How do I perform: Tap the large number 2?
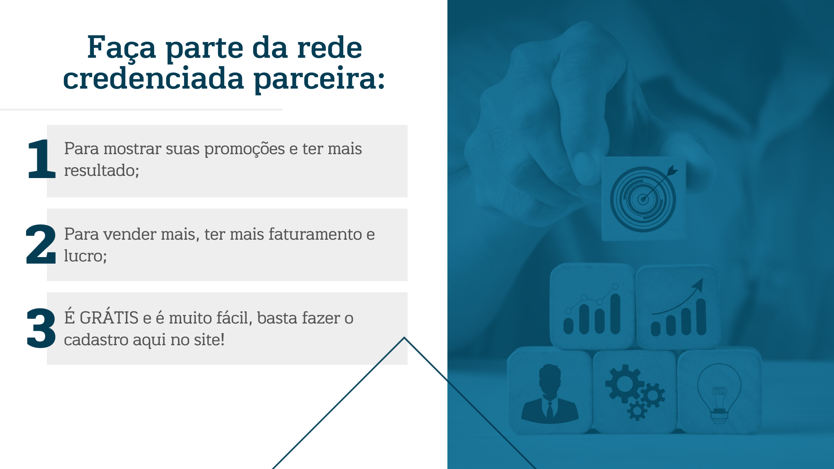tap(41, 244)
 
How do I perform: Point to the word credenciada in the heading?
tap(154, 79)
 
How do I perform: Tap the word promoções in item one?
tap(245, 150)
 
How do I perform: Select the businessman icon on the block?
tap(550, 393)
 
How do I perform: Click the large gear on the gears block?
tap(624, 383)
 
